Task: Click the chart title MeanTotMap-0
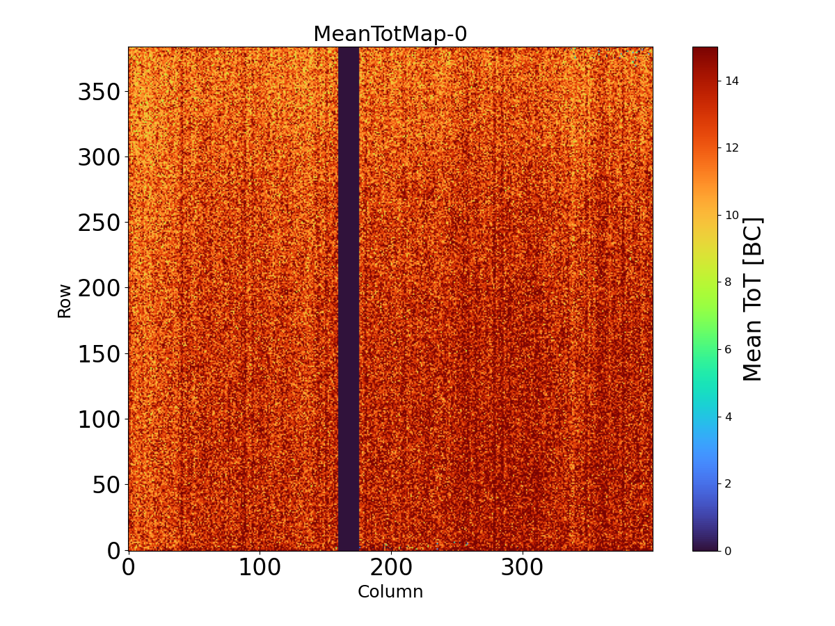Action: coord(390,34)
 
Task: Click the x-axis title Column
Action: coord(390,592)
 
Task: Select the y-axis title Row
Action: coord(64,300)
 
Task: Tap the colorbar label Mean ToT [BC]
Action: coord(753,299)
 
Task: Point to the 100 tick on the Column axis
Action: coord(260,568)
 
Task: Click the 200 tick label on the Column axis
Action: coord(391,568)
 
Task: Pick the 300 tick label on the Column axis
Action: coord(523,568)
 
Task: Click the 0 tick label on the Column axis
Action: coord(129,568)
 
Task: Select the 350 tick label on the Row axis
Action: coord(98,92)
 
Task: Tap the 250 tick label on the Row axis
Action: coord(98,223)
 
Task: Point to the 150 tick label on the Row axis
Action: coord(98,353)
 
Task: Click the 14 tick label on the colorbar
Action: coord(731,81)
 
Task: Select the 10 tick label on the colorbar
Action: coord(731,215)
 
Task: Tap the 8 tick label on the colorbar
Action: coord(728,282)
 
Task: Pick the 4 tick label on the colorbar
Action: coord(728,416)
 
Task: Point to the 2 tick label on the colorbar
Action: coord(728,483)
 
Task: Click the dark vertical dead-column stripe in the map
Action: coord(349,299)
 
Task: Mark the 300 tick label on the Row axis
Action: coord(98,157)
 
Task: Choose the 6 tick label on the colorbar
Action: coord(728,349)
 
